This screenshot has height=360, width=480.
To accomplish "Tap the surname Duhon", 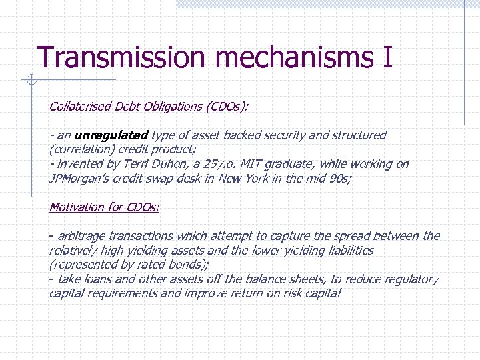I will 163,164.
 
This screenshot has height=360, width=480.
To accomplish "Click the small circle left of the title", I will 29,81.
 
